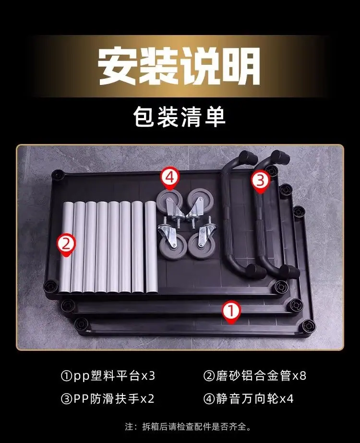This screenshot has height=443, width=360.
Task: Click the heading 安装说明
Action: click(179, 67)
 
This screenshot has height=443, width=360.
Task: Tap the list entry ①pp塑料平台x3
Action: click(108, 376)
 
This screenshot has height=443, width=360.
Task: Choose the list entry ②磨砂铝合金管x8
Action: click(254, 376)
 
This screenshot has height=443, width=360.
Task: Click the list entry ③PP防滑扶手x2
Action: click(108, 398)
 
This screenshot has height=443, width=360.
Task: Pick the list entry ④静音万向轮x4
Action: click(248, 398)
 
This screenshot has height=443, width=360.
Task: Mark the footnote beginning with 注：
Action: click(188, 426)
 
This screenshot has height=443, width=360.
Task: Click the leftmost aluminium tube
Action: click(66, 247)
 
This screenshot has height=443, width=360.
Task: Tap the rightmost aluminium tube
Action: click(151, 247)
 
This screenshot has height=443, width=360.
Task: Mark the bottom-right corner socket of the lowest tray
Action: click(308, 326)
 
